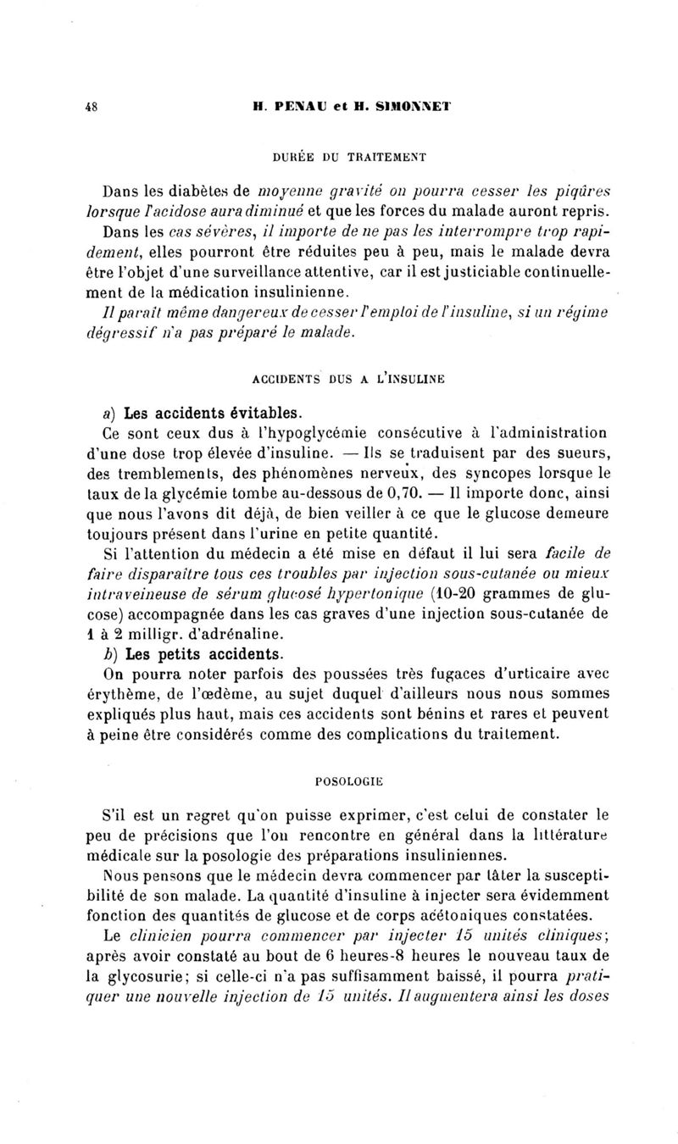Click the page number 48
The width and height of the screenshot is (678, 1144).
click(x=90, y=107)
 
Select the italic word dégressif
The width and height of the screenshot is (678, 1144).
click(x=125, y=332)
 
